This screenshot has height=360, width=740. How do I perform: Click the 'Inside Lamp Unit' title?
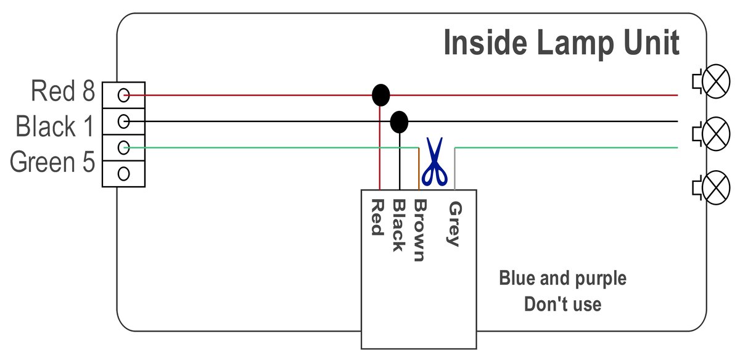coord(561,44)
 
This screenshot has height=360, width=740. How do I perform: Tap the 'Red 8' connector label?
coord(63,92)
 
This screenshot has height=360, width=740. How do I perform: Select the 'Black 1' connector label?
coord(55,128)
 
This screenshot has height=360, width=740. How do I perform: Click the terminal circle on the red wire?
coord(123,95)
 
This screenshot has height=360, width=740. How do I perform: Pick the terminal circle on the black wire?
coord(123,121)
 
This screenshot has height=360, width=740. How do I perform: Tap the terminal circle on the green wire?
coord(123,147)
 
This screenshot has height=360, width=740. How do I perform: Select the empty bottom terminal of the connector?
coord(123,173)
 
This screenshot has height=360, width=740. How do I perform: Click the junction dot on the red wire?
coord(381,96)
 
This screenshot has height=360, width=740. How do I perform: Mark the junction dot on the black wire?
coord(400,122)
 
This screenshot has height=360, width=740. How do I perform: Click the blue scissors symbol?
coord(435,163)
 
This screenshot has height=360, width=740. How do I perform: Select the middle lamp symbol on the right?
coord(715,133)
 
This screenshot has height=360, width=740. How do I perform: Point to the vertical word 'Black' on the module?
coord(398,226)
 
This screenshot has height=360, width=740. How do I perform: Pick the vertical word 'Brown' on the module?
coord(419,231)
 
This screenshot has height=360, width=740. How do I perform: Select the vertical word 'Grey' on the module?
coord(454,223)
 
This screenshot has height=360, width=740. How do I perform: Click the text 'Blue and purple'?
coord(562,279)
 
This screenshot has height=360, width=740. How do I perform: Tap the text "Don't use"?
coord(562,304)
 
